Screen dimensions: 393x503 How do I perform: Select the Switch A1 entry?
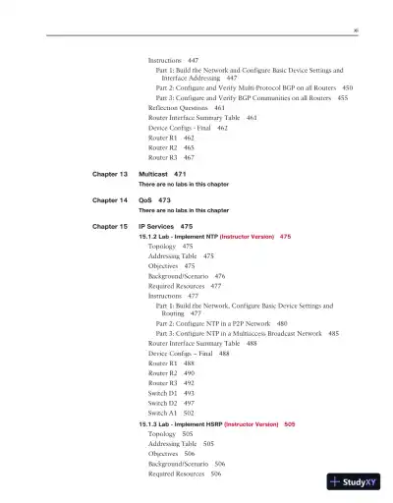164,413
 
